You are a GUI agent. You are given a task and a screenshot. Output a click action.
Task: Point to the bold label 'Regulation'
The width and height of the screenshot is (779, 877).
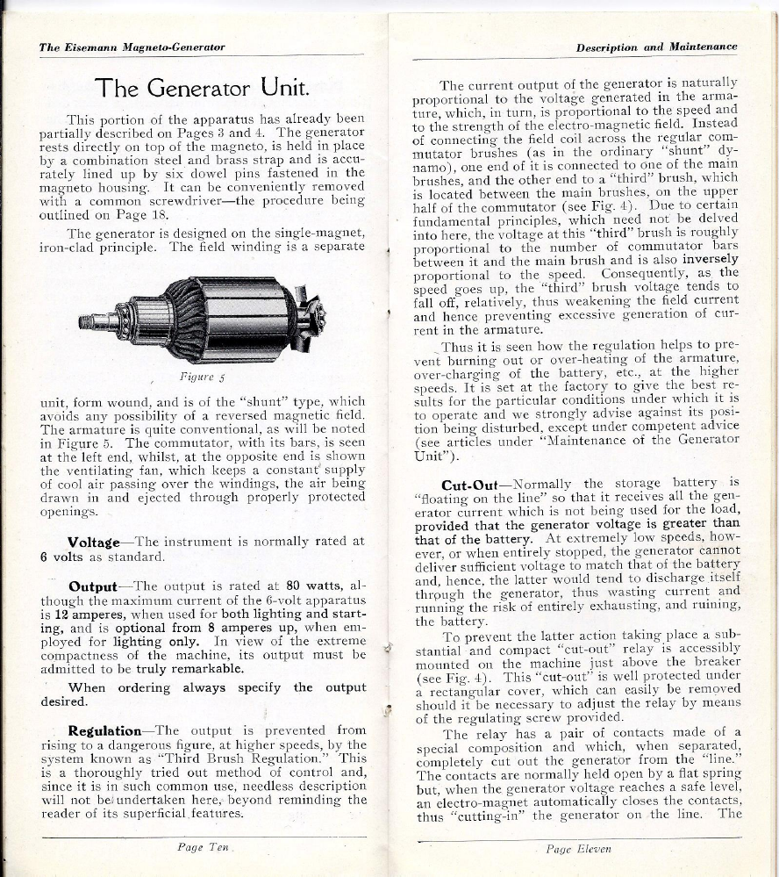coord(104,730)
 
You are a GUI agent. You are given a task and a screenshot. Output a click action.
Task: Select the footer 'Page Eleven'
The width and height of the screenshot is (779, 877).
coord(578,849)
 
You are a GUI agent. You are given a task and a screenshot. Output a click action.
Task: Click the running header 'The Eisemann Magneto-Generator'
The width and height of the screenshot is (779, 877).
coord(132,47)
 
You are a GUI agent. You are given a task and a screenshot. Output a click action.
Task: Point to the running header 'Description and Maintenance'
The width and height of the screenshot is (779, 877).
coord(656,47)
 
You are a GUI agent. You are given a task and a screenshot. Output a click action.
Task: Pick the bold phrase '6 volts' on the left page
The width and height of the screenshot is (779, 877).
coord(61,557)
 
